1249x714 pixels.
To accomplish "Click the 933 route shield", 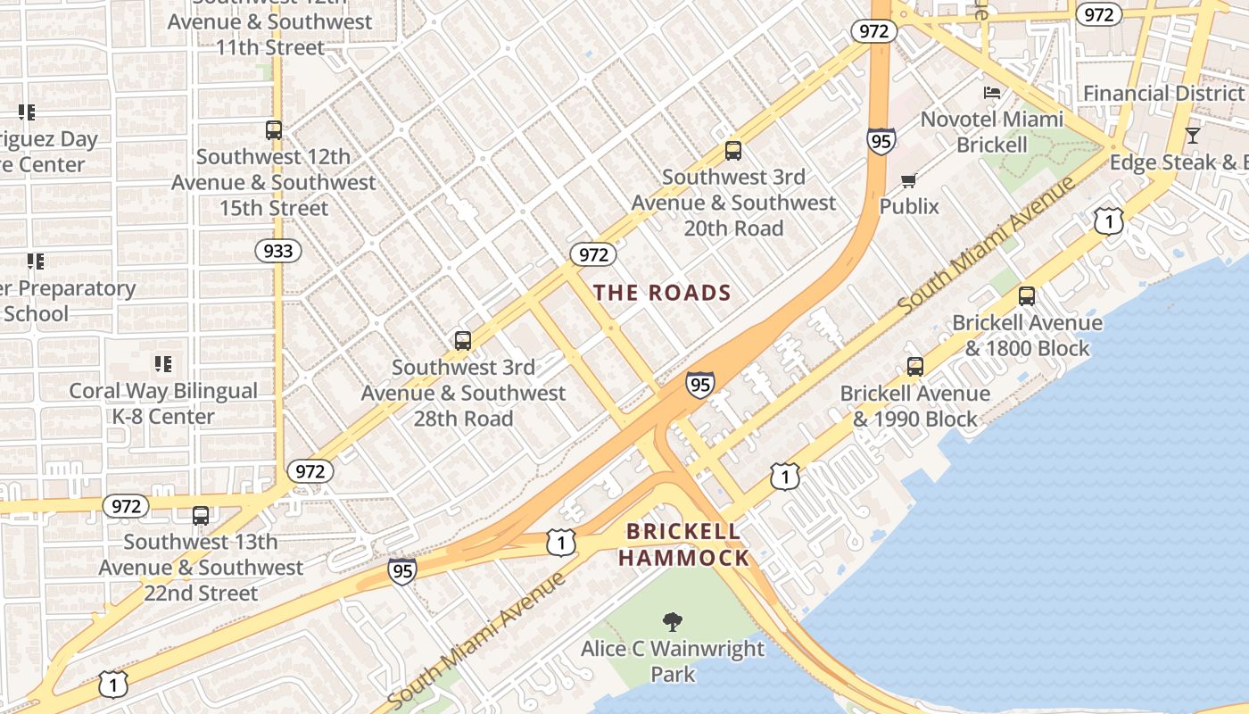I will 278,251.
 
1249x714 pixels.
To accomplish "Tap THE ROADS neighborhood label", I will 662,293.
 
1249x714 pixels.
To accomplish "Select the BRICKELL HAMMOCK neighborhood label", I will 683,545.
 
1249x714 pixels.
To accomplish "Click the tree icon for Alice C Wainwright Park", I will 673,622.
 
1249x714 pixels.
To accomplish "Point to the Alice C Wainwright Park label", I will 673,660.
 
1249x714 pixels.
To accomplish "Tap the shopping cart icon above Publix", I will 908,181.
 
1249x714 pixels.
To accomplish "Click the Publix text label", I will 909,206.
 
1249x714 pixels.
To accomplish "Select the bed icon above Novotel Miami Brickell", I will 992,93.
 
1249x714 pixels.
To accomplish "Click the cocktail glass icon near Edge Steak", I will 1192,136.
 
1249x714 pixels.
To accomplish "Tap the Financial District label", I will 1162,94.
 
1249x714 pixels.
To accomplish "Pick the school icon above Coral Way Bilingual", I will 162,364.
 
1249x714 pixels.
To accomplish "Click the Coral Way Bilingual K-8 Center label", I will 163,403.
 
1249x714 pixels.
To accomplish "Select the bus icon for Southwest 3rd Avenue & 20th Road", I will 733,151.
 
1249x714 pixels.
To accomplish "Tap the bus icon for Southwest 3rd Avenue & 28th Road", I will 462,340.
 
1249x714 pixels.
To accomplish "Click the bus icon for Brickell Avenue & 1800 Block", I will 1027,296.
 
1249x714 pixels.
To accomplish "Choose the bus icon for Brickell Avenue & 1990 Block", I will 914,366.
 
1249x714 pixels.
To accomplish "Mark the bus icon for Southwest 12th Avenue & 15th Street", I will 274,130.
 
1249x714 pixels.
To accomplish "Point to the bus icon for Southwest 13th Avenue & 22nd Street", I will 201,515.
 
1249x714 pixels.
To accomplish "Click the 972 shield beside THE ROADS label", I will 593,254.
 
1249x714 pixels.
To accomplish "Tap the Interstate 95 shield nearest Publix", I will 881,141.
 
